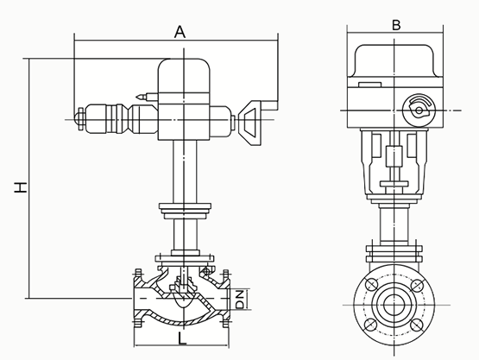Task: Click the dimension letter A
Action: [180, 31]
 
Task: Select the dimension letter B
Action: [395, 24]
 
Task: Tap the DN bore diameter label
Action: [242, 299]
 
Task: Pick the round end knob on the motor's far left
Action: [80, 117]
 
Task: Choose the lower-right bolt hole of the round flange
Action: [419, 327]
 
